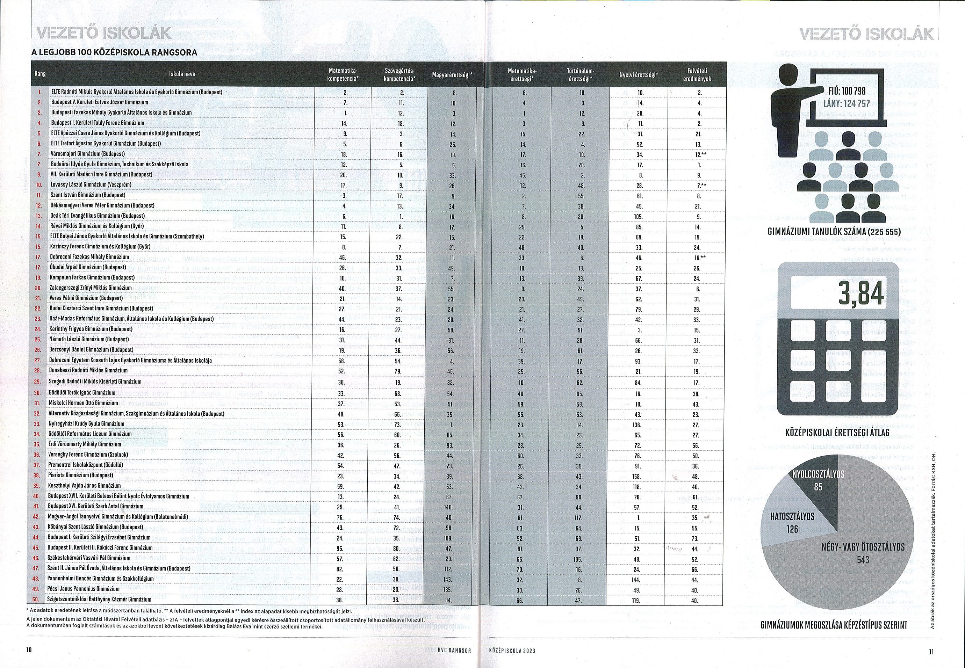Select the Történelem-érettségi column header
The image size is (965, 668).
coord(580,74)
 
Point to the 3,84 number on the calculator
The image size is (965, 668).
coord(861,293)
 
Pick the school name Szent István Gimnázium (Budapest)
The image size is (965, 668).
coord(88,195)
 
